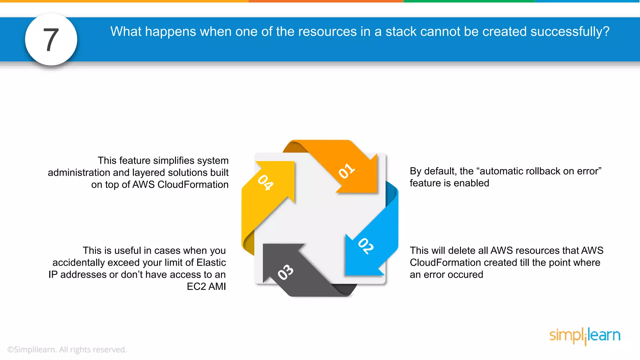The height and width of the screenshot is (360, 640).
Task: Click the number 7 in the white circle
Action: click(51, 40)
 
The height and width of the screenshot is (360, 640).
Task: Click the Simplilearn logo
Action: click(585, 336)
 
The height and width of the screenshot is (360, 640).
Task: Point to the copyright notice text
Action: click(67, 349)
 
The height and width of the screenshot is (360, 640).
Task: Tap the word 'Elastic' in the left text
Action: click(211, 262)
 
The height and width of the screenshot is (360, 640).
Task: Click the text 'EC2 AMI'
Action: click(206, 287)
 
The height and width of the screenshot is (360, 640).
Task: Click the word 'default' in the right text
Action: click(439, 171)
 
